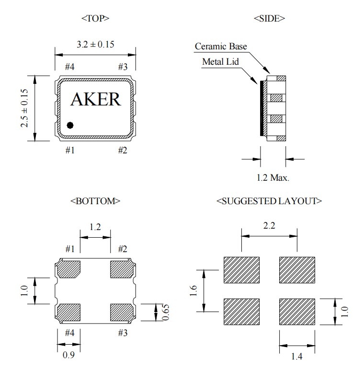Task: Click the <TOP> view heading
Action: [95, 19]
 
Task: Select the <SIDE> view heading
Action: [269, 19]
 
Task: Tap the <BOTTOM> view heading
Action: [95, 201]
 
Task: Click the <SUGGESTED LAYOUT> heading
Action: [269, 201]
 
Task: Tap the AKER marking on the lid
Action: [95, 99]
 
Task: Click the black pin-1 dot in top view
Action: [70, 125]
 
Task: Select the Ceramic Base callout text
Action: [221, 46]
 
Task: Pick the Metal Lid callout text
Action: [220, 62]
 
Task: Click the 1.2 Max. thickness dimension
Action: [273, 177]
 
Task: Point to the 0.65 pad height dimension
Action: [165, 313]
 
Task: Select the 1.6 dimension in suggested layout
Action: [194, 290]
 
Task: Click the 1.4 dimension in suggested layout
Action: [297, 356]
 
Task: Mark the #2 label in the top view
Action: [123, 151]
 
